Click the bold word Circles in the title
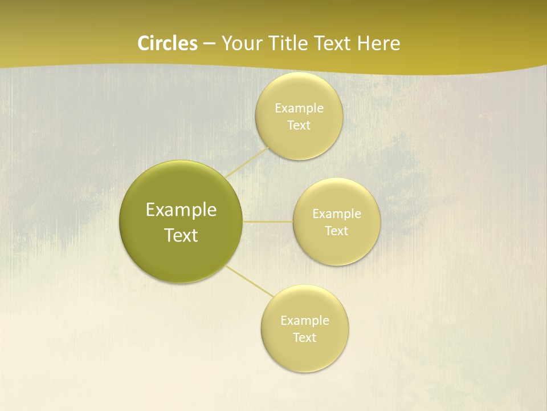[x=168, y=43]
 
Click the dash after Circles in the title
[x=209, y=44]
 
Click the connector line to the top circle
[x=247, y=162]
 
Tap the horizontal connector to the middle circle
[x=267, y=221]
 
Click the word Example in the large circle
[x=181, y=210]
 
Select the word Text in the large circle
[x=181, y=235]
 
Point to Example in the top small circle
[x=299, y=108]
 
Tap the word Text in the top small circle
[x=299, y=126]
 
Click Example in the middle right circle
[x=336, y=214]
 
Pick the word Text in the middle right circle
[x=336, y=231]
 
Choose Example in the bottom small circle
[x=304, y=321]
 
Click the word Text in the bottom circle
[x=304, y=338]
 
